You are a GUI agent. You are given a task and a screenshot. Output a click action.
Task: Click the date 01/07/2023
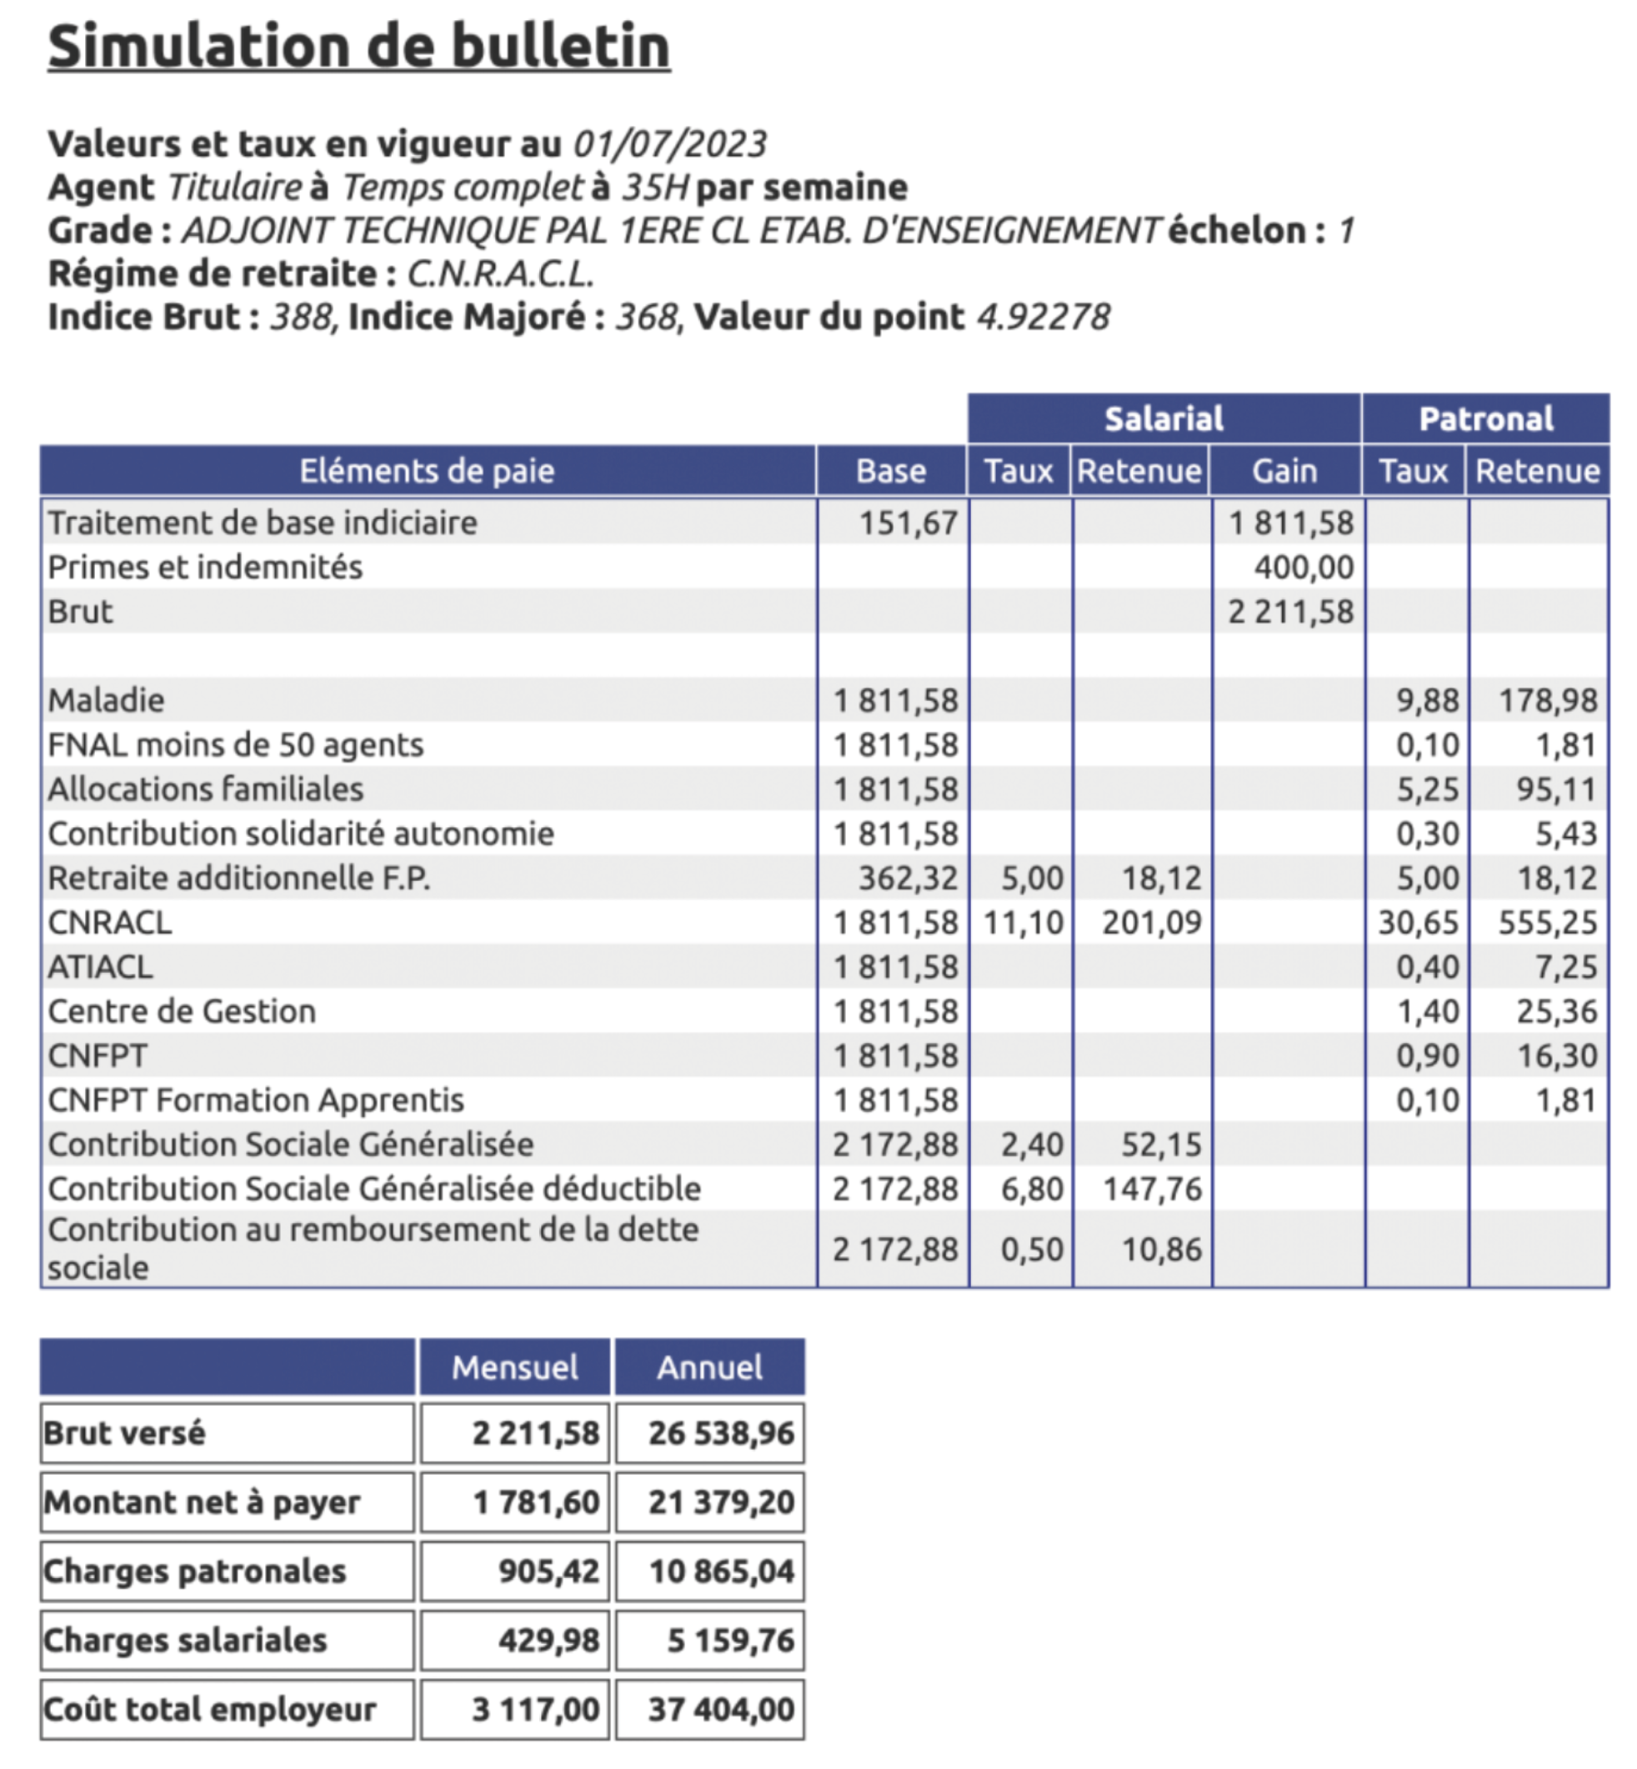coord(669,143)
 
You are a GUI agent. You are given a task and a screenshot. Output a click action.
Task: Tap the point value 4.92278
coord(1043,317)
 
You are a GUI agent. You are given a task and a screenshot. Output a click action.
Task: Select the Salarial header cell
coord(1163,418)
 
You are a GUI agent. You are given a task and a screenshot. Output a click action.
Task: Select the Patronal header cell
coord(1485,418)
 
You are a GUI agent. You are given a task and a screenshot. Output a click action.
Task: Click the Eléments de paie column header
coord(427,470)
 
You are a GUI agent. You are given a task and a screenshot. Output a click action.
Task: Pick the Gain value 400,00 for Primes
coord(1303,567)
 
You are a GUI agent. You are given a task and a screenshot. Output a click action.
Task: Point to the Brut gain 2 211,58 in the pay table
coord(1290,611)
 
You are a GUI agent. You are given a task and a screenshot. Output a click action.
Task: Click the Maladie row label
coord(107,699)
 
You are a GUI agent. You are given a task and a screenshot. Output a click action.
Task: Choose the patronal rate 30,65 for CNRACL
coord(1417,922)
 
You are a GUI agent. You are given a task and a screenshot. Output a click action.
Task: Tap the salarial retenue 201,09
coord(1152,922)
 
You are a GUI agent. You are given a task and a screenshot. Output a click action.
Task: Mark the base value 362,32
coord(908,878)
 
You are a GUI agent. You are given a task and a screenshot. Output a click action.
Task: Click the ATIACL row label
coord(100,966)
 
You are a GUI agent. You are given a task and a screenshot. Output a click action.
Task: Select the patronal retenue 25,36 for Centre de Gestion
coord(1556,1010)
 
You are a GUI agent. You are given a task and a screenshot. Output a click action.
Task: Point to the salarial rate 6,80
coord(1032,1189)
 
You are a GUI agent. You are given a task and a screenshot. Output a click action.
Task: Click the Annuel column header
coord(709,1367)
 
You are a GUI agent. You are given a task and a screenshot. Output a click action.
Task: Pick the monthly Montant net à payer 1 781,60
coord(536,1502)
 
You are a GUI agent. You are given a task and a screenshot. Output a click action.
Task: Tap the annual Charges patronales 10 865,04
coord(721,1571)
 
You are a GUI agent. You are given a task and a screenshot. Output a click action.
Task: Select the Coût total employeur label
coord(210,1709)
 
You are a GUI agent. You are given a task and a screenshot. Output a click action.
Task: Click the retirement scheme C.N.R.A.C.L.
coord(500,273)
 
